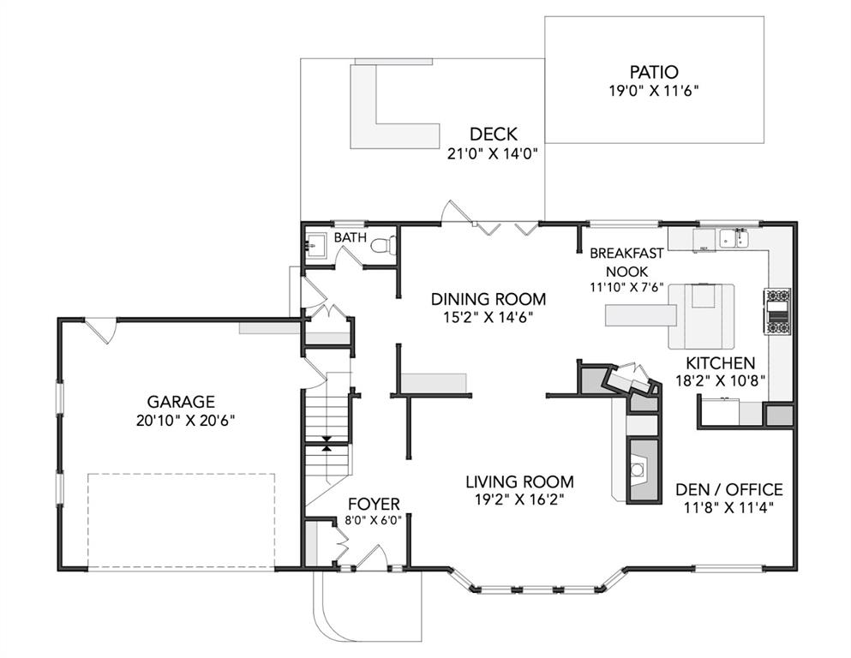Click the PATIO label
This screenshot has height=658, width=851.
[x=653, y=72]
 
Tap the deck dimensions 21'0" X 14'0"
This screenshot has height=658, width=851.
[x=492, y=154]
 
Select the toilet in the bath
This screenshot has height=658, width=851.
[x=384, y=245]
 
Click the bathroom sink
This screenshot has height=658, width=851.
[x=315, y=245]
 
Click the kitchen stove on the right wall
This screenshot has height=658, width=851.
[x=778, y=311]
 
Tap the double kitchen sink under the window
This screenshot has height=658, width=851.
[x=734, y=238]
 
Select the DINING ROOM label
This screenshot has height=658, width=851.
[x=488, y=299]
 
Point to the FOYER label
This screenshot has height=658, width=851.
[x=374, y=504]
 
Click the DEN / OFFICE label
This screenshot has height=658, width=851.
[x=729, y=490]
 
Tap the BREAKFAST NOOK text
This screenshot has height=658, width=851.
[x=626, y=262]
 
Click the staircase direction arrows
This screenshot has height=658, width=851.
[x=327, y=444]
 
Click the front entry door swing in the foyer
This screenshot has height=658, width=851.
[x=372, y=555]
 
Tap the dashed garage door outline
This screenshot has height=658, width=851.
[x=182, y=522]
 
